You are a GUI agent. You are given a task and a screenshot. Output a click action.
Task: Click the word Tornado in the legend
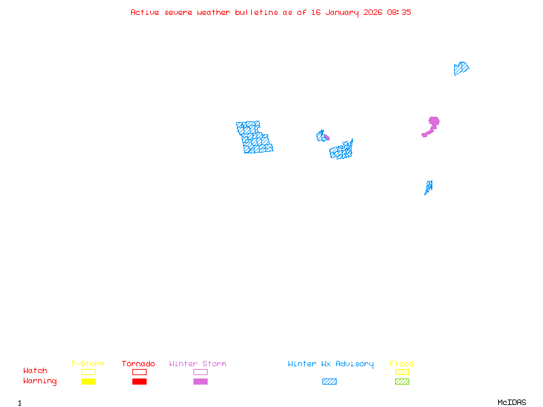(138, 364)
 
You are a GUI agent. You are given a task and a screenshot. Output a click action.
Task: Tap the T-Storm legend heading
(88, 364)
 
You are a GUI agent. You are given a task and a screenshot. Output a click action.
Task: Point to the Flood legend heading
(402, 364)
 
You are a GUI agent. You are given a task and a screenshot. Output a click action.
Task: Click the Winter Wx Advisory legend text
(331, 364)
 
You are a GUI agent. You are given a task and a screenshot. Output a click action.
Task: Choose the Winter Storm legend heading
(198, 364)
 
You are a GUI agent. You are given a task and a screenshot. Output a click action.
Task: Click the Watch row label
(35, 371)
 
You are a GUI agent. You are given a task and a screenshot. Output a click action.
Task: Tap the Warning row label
(40, 381)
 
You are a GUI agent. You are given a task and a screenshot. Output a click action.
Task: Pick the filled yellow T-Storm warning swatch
(88, 381)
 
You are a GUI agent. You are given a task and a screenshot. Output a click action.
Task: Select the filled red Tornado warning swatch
(139, 381)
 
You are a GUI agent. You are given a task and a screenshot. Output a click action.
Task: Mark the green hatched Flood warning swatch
(402, 381)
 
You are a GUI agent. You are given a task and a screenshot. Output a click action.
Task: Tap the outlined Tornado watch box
(139, 372)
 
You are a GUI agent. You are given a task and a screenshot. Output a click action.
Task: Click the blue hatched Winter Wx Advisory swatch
(329, 381)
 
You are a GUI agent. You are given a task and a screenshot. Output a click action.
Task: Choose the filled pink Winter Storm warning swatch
(200, 381)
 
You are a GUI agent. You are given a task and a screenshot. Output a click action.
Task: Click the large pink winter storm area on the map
(432, 124)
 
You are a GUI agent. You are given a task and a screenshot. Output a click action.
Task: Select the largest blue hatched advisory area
(255, 137)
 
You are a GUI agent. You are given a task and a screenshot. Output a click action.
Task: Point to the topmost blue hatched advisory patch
(461, 69)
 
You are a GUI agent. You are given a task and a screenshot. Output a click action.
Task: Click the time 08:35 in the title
(399, 12)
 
